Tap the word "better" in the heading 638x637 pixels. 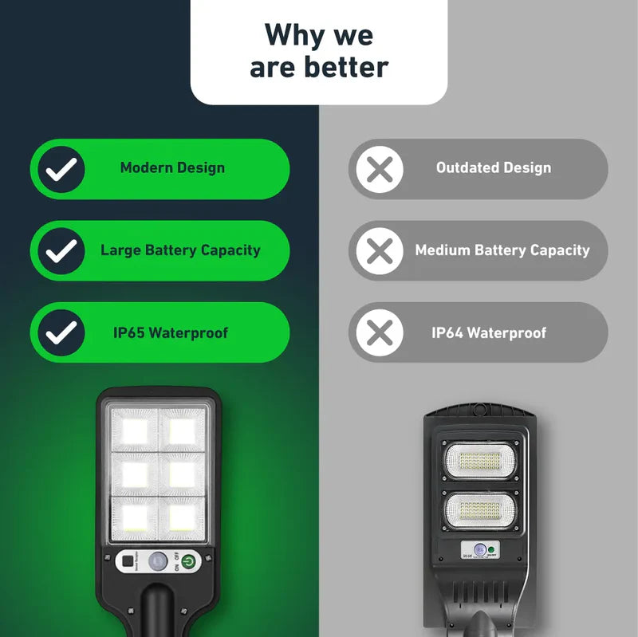click(348, 67)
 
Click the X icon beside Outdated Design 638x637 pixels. click(380, 168)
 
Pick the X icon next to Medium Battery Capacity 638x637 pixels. click(380, 250)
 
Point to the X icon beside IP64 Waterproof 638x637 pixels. click(380, 332)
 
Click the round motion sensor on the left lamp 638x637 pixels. click(159, 560)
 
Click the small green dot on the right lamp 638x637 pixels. click(493, 549)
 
